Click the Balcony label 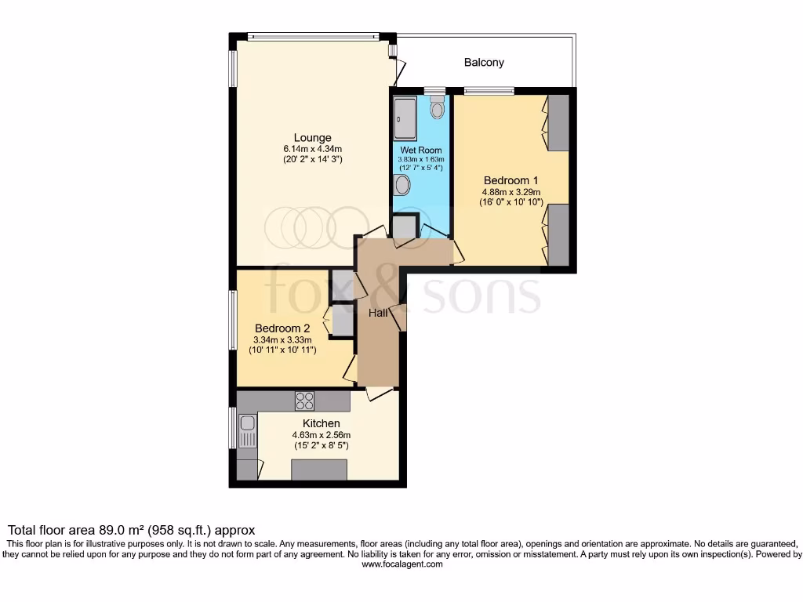484,62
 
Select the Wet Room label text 421,150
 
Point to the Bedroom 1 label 511,180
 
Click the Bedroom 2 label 282,328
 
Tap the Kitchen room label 322,424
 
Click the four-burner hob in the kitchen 304,401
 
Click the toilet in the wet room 437,107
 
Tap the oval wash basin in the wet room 402,185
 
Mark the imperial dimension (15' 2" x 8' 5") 321,445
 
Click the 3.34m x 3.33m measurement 282,339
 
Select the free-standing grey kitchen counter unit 319,470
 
